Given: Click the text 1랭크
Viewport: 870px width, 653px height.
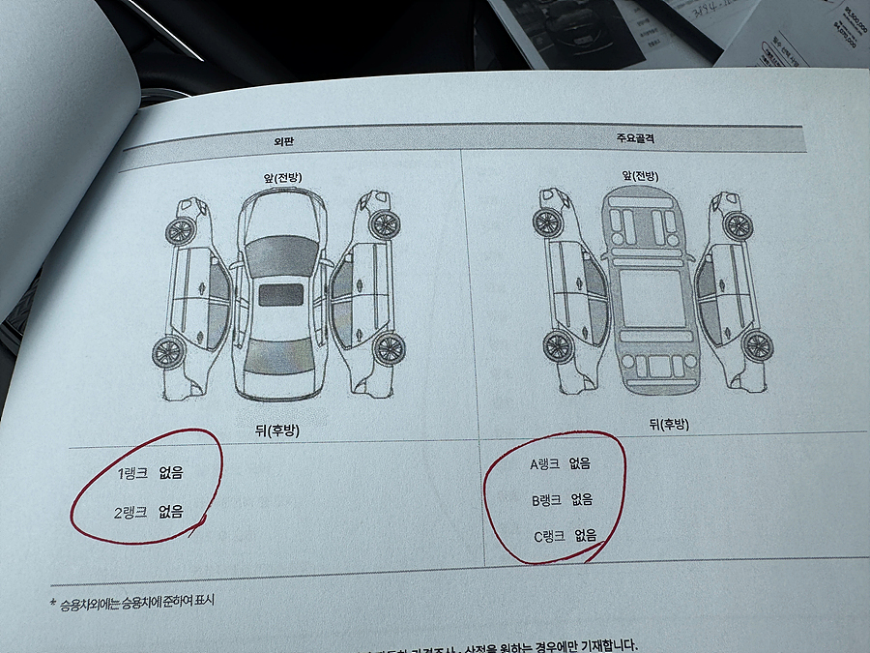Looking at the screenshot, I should tap(131, 474).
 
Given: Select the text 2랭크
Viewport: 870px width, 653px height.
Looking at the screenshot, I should tap(130, 512).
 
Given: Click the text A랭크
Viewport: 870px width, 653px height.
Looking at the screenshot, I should tap(545, 464).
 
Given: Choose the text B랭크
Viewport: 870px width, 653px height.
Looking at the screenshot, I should tap(548, 500).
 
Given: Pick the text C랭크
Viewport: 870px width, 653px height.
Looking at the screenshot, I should tap(551, 535).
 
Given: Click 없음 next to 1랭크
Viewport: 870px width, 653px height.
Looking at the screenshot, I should tap(171, 474).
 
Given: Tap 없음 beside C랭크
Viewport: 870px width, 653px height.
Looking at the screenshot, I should tap(586, 535).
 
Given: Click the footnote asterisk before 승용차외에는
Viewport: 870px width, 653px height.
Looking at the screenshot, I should tap(53, 602).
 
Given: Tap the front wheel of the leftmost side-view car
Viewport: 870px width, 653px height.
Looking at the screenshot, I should tap(179, 230).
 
